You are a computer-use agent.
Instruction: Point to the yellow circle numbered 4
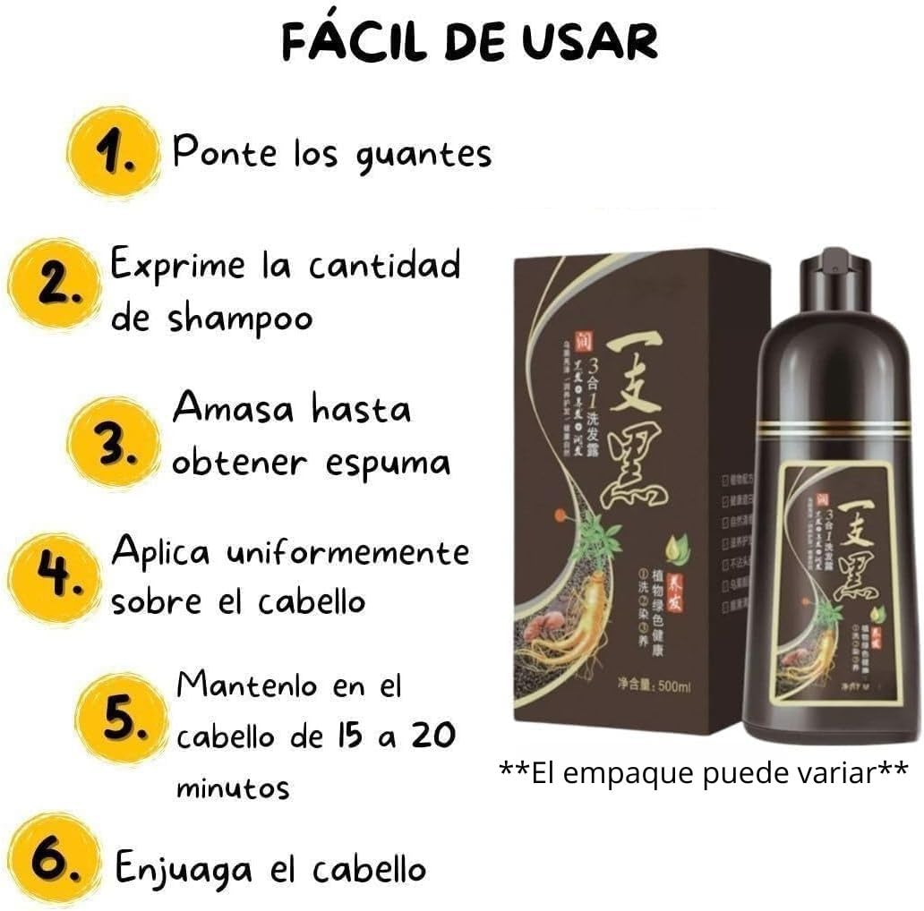coord(55,576)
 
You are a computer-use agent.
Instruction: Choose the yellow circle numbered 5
coord(122,719)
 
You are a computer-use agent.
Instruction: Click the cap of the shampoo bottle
coord(834,268)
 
